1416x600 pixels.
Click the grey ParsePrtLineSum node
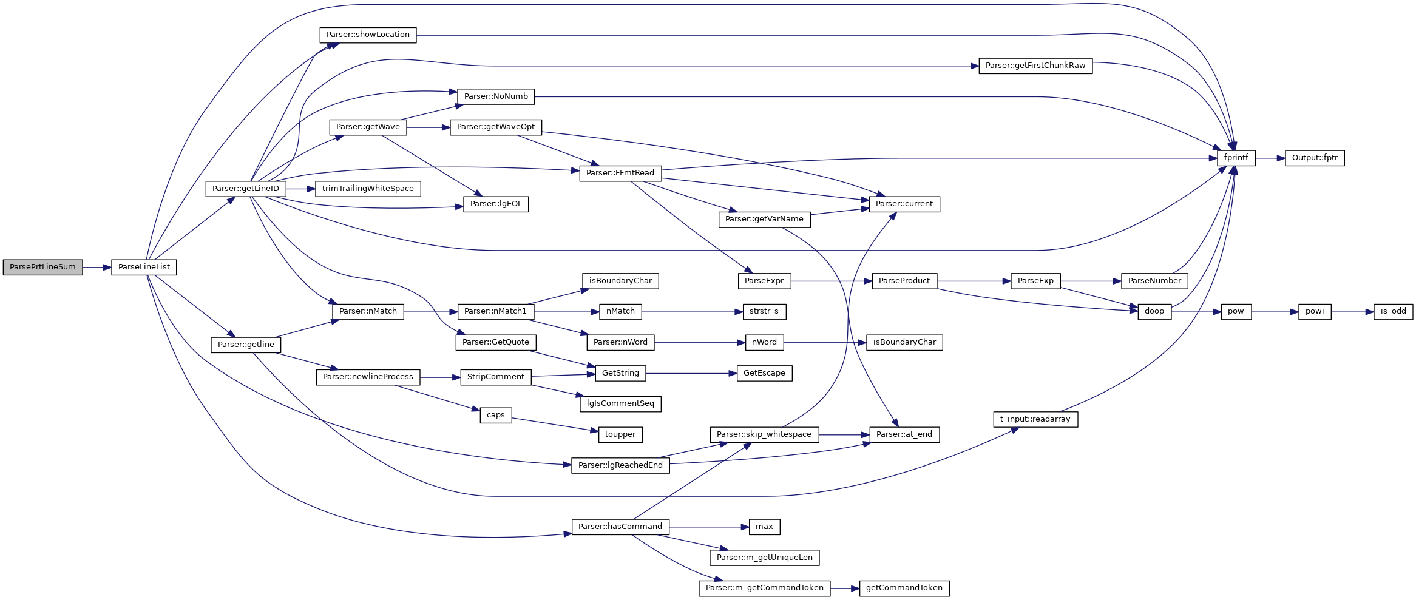point(42,267)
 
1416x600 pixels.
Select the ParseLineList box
point(144,267)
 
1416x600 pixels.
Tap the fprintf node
point(1236,158)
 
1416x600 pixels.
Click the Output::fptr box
point(1315,158)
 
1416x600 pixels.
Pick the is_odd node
point(1393,311)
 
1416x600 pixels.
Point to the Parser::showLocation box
point(368,35)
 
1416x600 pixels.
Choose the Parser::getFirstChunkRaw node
point(1035,66)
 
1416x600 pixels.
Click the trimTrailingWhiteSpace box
point(368,189)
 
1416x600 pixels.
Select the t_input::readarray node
point(1035,419)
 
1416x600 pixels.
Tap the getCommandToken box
point(904,588)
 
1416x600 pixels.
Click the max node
point(764,527)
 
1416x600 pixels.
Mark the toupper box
point(620,434)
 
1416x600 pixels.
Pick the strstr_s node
point(764,311)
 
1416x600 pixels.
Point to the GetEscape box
point(764,373)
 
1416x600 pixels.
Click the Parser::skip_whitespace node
point(764,434)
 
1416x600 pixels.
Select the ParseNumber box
point(1154,281)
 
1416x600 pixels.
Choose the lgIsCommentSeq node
point(620,403)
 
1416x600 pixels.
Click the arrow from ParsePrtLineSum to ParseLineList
point(97,267)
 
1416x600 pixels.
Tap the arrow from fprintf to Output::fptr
point(1270,158)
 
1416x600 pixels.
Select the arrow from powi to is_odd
point(1352,312)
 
